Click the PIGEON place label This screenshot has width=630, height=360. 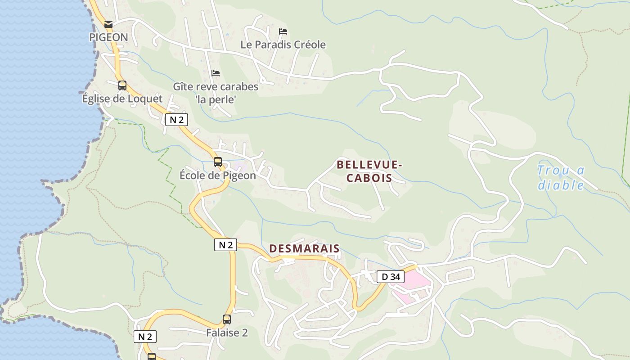coord(108,37)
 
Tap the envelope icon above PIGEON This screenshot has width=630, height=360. coord(108,24)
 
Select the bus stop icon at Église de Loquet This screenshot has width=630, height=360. coord(122,85)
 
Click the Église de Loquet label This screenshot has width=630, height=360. coord(122,99)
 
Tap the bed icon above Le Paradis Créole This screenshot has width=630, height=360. coord(283,31)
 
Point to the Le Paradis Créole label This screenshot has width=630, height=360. coord(283,45)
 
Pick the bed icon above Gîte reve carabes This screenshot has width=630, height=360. coord(216,73)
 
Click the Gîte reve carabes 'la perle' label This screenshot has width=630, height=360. coord(216,93)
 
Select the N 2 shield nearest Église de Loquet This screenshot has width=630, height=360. coord(176,120)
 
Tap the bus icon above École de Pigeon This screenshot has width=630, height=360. coord(218,162)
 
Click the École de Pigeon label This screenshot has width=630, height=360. coord(218,175)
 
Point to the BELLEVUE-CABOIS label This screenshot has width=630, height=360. coord(369,171)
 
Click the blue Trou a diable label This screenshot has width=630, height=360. coord(561,177)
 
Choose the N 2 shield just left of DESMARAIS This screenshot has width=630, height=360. coord(225,245)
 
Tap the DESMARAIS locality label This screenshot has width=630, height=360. coord(304,249)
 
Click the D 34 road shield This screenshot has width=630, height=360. coord(390,277)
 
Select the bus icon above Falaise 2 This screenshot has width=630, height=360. coord(227,319)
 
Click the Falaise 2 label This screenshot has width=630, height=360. coord(227,333)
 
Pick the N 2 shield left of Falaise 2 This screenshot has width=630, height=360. coord(145,337)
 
